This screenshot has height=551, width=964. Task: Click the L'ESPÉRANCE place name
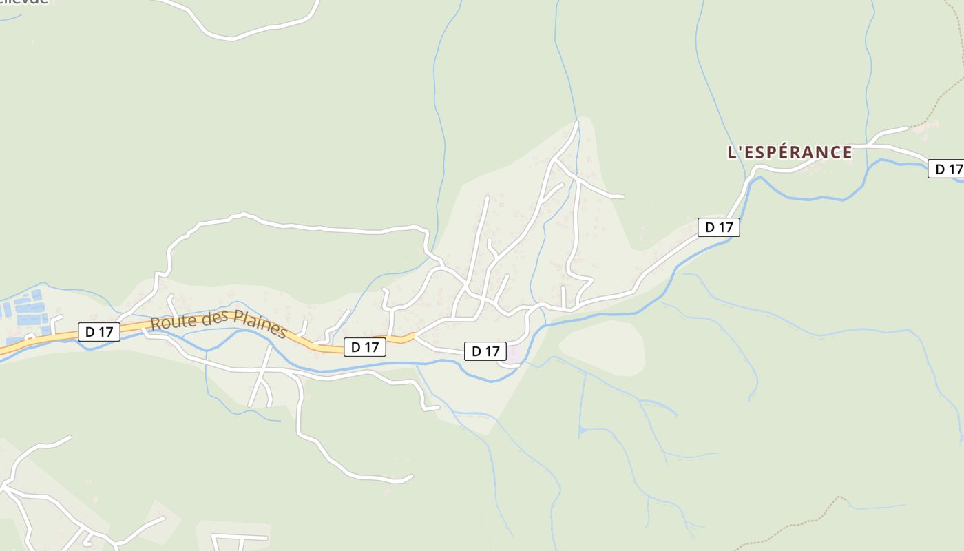(790, 152)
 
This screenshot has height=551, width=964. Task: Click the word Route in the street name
(171, 321)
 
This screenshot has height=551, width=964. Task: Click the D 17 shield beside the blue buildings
(99, 331)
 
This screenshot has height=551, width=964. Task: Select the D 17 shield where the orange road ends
(364, 347)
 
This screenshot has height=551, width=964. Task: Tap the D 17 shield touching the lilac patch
(485, 351)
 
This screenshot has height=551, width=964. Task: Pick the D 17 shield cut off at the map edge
(946, 169)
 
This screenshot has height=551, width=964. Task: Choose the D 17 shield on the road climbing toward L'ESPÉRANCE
(718, 227)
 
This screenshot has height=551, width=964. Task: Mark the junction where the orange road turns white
(414, 336)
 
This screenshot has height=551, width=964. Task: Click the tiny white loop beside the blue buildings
(30, 337)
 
